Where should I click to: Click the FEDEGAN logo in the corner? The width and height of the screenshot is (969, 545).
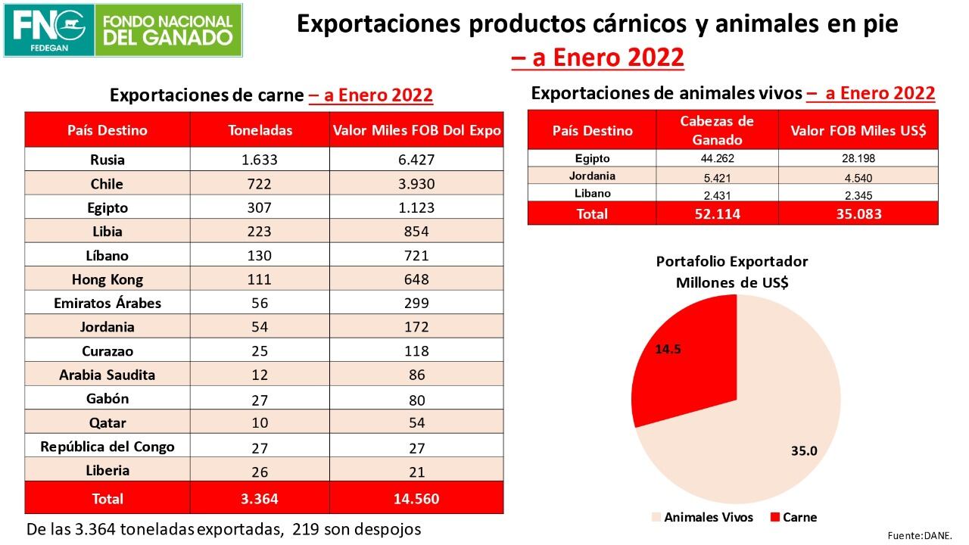click(50, 30)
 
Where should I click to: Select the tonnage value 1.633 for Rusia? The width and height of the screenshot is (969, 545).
click(260, 160)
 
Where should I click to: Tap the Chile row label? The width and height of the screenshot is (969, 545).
click(107, 184)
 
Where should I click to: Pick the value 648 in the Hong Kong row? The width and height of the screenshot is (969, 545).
click(416, 279)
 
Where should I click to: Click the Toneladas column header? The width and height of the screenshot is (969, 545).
click(260, 130)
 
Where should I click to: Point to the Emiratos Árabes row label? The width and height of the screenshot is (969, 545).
click(107, 303)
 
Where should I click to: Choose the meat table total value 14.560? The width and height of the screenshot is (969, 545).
click(416, 499)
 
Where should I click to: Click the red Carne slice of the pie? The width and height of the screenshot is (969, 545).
click(681, 363)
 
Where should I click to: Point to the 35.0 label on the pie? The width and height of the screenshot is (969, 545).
click(803, 451)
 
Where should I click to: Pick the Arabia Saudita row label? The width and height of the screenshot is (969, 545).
click(107, 375)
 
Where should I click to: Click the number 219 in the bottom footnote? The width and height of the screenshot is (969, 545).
click(303, 529)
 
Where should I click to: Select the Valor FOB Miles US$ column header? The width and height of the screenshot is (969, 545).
click(858, 130)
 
